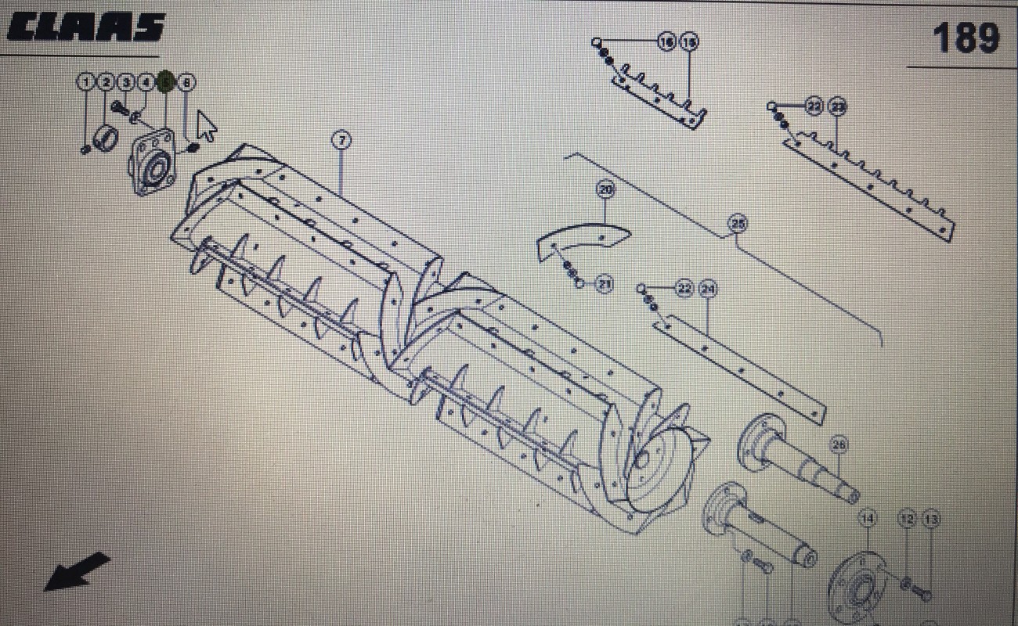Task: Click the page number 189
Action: (x=966, y=38)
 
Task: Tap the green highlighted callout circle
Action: (x=165, y=81)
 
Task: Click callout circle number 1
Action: (x=85, y=81)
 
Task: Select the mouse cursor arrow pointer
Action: (x=207, y=124)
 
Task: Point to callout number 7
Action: (x=341, y=140)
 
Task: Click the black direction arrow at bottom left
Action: (x=77, y=571)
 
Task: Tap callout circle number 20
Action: (x=605, y=189)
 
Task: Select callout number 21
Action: (x=604, y=284)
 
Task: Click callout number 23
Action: (x=837, y=106)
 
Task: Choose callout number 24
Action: (x=708, y=289)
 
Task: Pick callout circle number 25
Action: (x=737, y=224)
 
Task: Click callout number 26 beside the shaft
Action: (x=839, y=445)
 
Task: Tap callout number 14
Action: (x=867, y=518)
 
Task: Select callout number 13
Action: (x=930, y=518)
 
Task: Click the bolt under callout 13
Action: (x=921, y=593)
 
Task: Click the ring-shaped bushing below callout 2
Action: (x=106, y=139)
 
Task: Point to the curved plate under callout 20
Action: (x=583, y=240)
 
